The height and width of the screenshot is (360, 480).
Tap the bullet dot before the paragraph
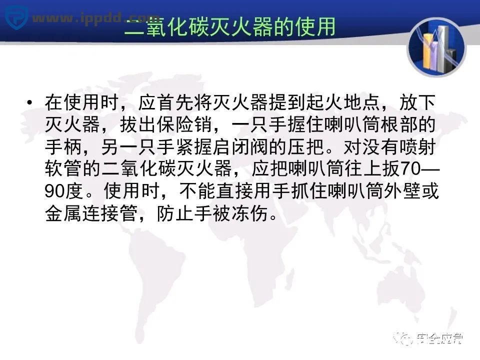click(x=30, y=103)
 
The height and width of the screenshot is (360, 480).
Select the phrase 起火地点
click(x=337, y=103)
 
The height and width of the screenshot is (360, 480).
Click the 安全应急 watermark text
click(x=438, y=339)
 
